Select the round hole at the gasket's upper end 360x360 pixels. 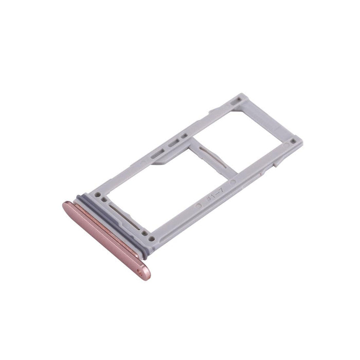[98, 194]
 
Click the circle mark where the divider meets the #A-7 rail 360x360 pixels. [233, 181]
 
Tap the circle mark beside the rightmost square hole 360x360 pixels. [282, 147]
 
